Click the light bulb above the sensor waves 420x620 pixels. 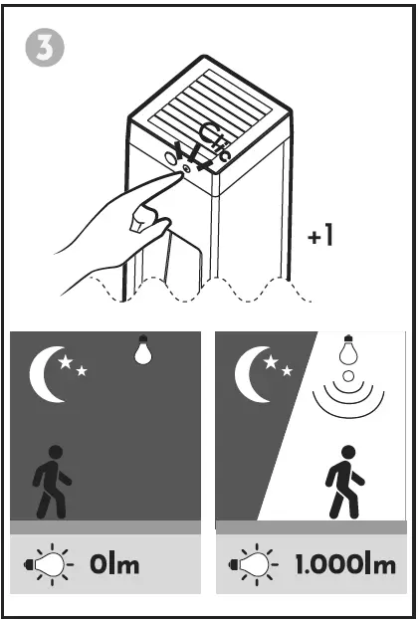tap(346, 351)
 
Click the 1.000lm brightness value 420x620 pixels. tap(345, 566)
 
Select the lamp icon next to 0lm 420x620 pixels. tap(50, 566)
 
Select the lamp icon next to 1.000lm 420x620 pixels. tap(253, 566)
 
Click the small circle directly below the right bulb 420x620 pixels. tap(346, 377)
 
